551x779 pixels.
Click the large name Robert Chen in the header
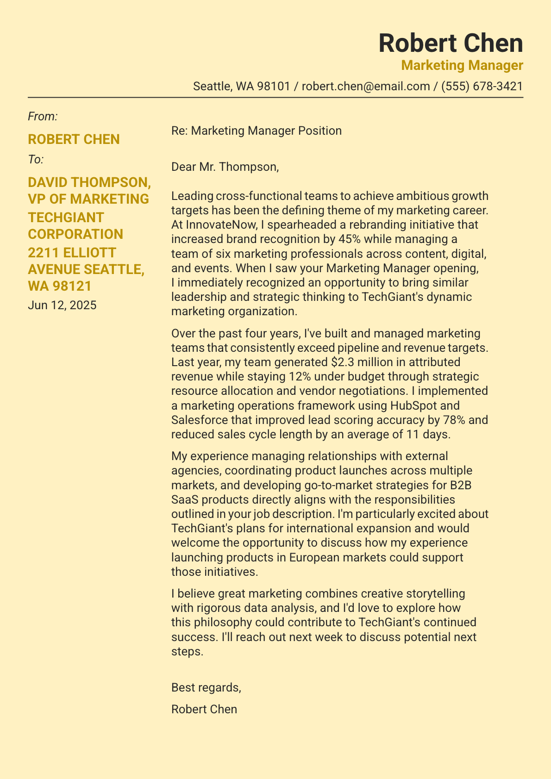(x=451, y=44)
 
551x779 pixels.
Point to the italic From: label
(x=43, y=116)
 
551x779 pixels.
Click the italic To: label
(x=36, y=160)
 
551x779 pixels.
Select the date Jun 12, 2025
(x=62, y=305)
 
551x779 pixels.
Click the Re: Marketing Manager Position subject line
(x=256, y=131)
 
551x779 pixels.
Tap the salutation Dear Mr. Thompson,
(x=225, y=167)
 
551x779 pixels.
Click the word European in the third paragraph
(x=316, y=557)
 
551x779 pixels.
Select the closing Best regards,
(x=206, y=687)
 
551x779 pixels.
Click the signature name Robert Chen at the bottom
(x=204, y=709)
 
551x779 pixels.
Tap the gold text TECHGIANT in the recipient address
(x=66, y=217)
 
